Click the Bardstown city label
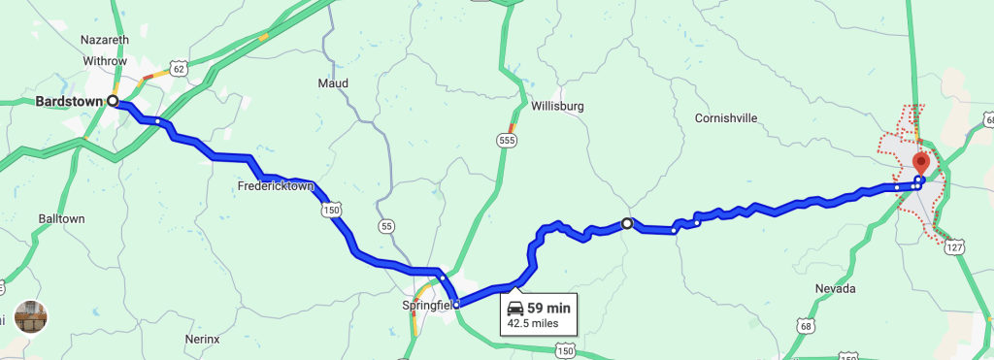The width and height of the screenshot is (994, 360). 69,101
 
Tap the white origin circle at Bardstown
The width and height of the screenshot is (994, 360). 113,100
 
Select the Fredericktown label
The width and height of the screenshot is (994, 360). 276,185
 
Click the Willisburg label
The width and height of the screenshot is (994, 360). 557,106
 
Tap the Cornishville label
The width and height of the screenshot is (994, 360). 725,118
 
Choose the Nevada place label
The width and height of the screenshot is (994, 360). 835,288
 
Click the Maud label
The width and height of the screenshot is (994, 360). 332,82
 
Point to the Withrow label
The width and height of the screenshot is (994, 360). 105,60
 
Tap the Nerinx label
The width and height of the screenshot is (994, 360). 202,339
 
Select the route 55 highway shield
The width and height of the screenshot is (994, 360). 387,226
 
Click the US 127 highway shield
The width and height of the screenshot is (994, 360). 956,246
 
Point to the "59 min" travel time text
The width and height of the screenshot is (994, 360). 548,309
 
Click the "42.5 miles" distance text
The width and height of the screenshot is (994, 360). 533,323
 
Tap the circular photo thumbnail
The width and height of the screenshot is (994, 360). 31,317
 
